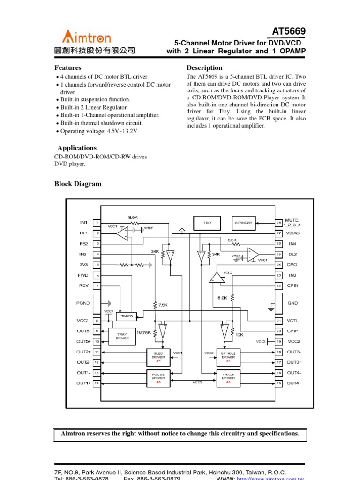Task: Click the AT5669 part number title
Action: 289,31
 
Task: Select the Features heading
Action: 67,68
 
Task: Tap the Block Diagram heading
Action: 78,184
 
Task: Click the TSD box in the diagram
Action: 207,223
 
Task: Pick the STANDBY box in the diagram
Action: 244,223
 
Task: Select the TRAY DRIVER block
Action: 122,336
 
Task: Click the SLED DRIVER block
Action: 158,357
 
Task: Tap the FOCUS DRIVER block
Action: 158,377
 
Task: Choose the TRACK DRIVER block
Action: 228,377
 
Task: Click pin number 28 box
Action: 278,223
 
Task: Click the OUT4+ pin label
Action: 294,383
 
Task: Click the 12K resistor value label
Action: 240,335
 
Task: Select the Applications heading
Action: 77,148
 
